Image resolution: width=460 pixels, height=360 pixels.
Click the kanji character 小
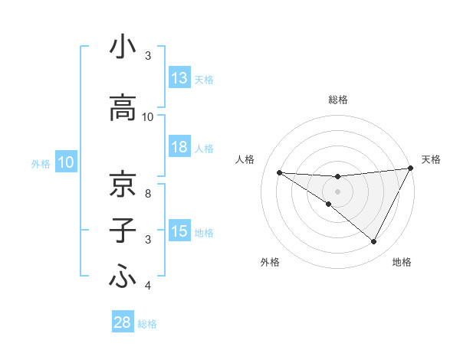(x=123, y=47)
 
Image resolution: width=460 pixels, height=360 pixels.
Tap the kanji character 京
(x=123, y=184)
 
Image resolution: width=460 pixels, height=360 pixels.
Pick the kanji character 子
(x=123, y=231)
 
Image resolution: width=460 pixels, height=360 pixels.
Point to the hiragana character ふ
(x=123, y=277)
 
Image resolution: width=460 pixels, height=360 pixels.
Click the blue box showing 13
(x=179, y=78)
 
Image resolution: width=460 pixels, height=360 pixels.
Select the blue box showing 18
(x=179, y=147)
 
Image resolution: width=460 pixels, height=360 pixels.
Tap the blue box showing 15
(x=179, y=231)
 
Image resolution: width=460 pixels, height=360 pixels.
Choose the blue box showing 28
(x=123, y=322)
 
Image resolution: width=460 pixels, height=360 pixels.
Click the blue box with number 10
(x=66, y=162)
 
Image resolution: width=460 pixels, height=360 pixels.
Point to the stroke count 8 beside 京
(x=148, y=193)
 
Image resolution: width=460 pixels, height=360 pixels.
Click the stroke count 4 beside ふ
(x=148, y=286)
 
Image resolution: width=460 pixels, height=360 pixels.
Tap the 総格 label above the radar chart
(x=337, y=100)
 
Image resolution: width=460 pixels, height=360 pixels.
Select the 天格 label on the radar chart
(x=431, y=159)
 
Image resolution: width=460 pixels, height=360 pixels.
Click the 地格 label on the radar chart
(x=402, y=262)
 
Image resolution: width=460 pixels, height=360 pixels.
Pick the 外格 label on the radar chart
(x=270, y=262)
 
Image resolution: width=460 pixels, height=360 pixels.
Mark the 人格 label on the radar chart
(x=245, y=159)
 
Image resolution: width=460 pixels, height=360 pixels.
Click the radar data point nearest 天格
(x=412, y=168)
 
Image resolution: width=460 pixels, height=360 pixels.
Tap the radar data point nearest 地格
(x=374, y=242)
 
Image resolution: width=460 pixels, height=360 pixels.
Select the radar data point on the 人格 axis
(x=279, y=172)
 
